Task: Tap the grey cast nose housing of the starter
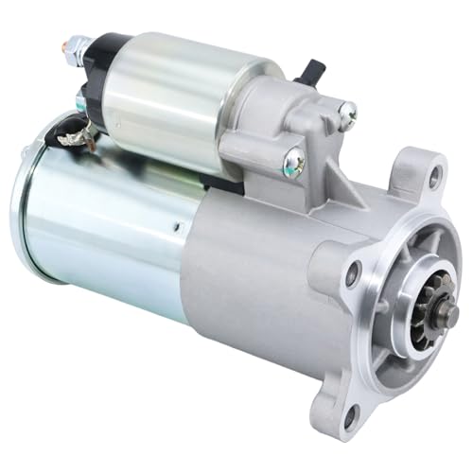coord(274,284)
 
